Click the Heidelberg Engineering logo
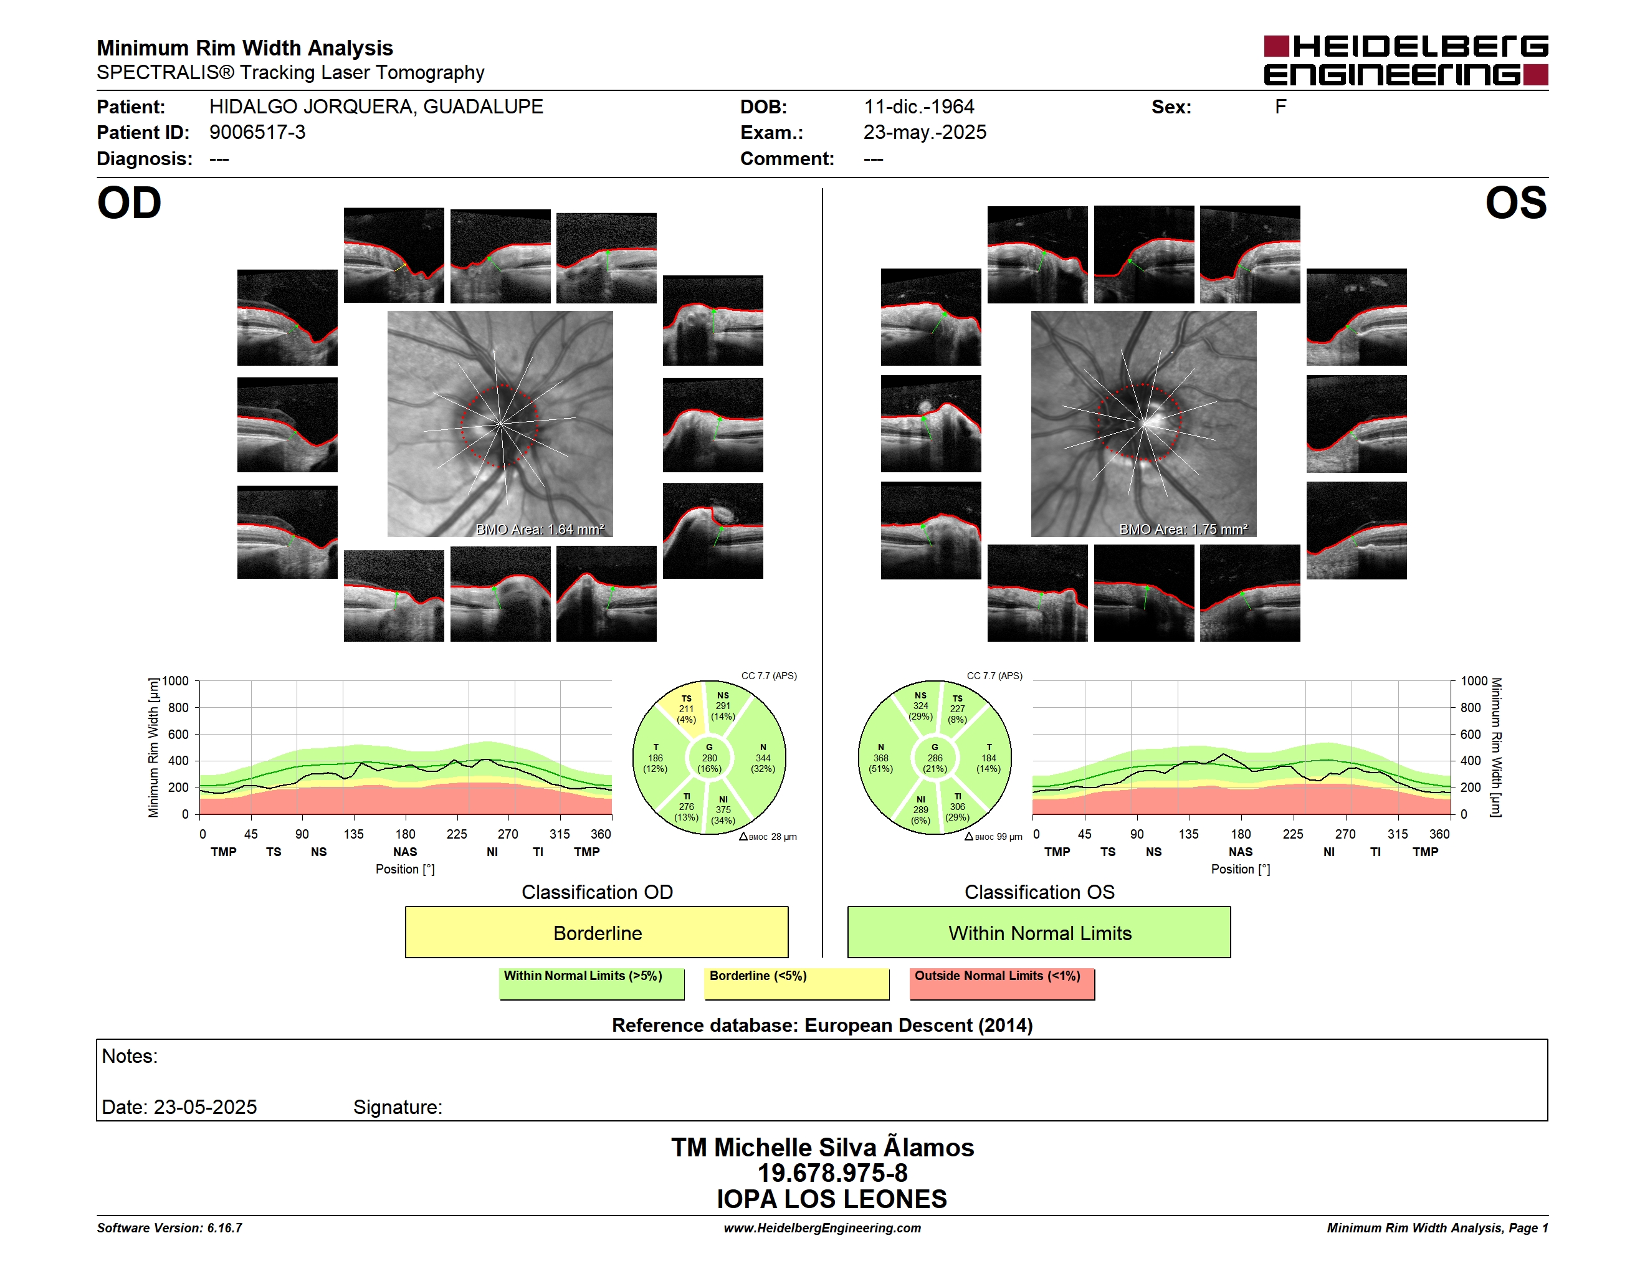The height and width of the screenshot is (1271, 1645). pyautogui.click(x=1406, y=60)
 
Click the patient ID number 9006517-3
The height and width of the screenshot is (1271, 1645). pyautogui.click(x=257, y=133)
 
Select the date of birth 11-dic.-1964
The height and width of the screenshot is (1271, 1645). pyautogui.click(x=919, y=107)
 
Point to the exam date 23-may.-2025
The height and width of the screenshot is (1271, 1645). pyautogui.click(x=925, y=133)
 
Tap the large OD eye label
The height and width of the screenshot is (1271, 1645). pyautogui.click(x=130, y=203)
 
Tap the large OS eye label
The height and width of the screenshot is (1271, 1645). pyautogui.click(x=1516, y=203)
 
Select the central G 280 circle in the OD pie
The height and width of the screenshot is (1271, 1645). pyautogui.click(x=708, y=758)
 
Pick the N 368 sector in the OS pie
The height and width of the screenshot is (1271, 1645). pyautogui.click(x=881, y=758)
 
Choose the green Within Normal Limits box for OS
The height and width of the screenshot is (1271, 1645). pyautogui.click(x=1039, y=932)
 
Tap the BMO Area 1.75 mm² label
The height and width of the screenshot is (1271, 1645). pyautogui.click(x=1183, y=530)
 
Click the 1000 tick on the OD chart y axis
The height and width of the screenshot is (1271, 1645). pyautogui.click(x=176, y=681)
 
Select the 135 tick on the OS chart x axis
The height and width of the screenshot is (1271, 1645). pyautogui.click(x=1188, y=834)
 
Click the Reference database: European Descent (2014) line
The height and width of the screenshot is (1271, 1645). pyautogui.click(x=822, y=1026)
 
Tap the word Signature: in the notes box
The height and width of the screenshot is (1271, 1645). pyautogui.click(x=398, y=1108)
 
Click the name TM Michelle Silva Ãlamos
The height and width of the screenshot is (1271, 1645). pyautogui.click(x=822, y=1147)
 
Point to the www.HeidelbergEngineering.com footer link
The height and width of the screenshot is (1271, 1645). pyautogui.click(x=822, y=1228)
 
